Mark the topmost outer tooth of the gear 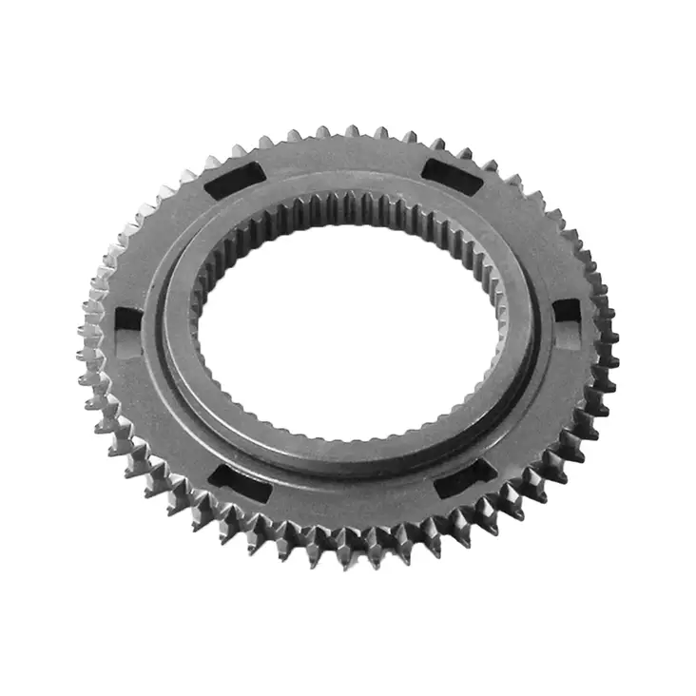(x=351, y=131)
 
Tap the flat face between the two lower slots (x=347, y=504)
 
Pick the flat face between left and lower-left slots (x=162, y=418)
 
